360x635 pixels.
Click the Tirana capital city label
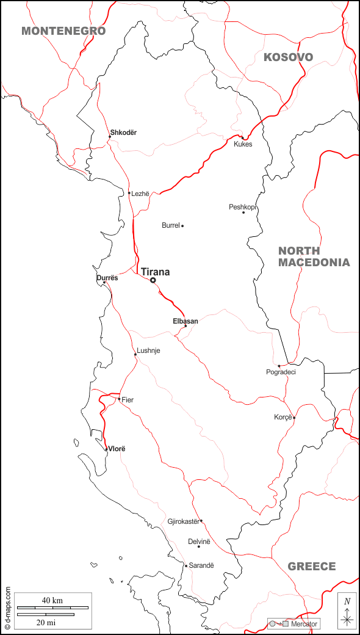pyautogui.click(x=155, y=272)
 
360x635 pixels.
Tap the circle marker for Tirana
pyautogui.click(x=153, y=280)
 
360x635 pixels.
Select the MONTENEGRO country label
pyautogui.click(x=63, y=31)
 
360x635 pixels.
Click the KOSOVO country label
pyautogui.click(x=288, y=57)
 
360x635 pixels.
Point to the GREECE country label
pyautogui.click(x=312, y=567)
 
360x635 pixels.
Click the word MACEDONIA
pyautogui.click(x=314, y=263)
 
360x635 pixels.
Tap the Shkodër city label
pyautogui.click(x=123, y=132)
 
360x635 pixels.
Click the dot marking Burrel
pyautogui.click(x=182, y=226)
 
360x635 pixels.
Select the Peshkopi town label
pyautogui.click(x=242, y=207)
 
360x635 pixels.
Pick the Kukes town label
pyautogui.click(x=243, y=144)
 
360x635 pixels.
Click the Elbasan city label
pyautogui.click(x=185, y=321)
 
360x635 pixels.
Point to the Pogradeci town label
pyautogui.click(x=281, y=372)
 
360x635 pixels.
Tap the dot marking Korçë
pyautogui.click(x=294, y=418)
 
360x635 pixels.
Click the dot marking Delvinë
pyautogui.click(x=198, y=546)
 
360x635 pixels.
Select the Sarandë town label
pyautogui.click(x=201, y=566)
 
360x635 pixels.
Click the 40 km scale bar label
pyautogui.click(x=52, y=601)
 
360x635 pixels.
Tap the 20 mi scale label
pyautogui.click(x=46, y=622)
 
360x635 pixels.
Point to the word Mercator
pyautogui.click(x=304, y=624)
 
